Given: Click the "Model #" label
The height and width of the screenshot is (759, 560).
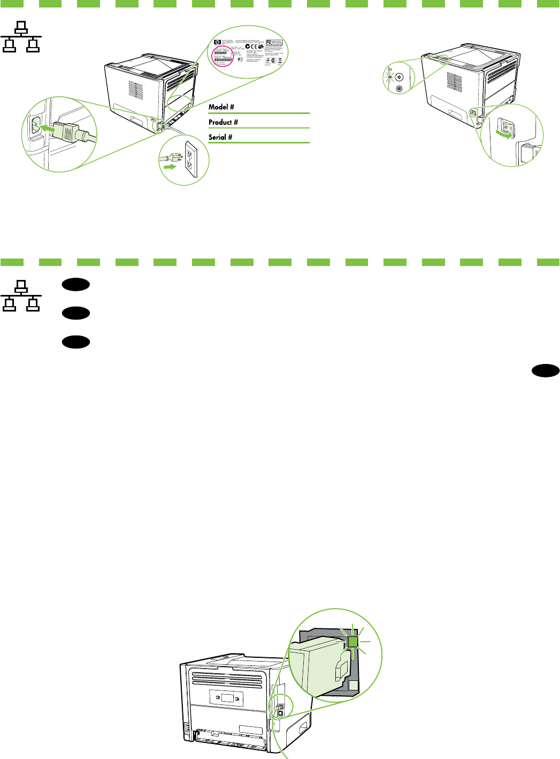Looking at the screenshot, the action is [221, 107].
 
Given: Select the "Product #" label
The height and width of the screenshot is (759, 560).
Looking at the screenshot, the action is [223, 122].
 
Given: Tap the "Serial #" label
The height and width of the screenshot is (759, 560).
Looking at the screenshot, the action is [220, 137].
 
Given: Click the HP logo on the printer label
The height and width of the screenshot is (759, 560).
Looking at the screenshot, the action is [217, 42].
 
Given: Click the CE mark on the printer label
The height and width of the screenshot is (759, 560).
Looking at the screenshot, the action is [254, 47].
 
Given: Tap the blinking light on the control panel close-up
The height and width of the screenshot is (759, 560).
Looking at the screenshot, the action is [390, 77].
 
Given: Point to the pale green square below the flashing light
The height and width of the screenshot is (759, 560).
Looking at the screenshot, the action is [353, 686].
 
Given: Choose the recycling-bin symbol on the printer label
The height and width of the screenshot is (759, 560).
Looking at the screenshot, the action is [280, 60].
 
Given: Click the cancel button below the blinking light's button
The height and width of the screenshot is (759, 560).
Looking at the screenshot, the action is [400, 88].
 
